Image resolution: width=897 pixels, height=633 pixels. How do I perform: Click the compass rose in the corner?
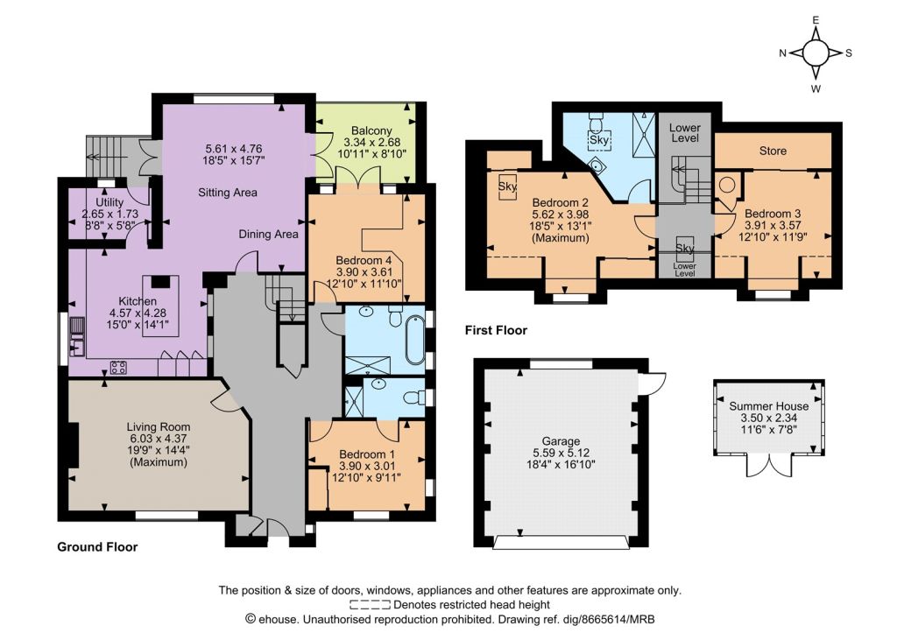pos(816,53)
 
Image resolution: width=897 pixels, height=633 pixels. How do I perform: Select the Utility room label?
pos(109,202)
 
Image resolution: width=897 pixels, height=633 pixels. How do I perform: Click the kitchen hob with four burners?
pos(118,367)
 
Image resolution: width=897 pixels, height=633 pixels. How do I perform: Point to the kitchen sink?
pos(77,337)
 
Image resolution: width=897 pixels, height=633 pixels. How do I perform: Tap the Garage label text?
pos(561,441)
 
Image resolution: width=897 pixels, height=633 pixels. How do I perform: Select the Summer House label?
pos(769,406)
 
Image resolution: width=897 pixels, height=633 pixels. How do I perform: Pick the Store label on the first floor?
pos(773,151)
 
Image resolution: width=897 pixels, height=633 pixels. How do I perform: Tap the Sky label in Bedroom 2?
pos(507,186)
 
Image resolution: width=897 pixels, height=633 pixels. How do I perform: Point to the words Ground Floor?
pos(97,547)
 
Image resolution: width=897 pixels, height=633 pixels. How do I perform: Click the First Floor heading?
pos(496,330)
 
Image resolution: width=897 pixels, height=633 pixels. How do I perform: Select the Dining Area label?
pos(268,234)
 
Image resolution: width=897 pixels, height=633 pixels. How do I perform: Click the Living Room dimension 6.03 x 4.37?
pos(159,438)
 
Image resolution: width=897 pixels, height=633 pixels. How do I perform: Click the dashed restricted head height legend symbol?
pos(371,605)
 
